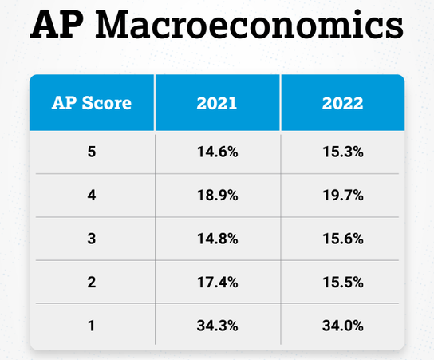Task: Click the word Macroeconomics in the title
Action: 249,25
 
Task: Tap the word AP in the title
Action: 57,25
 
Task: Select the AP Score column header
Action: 92,103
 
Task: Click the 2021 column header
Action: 217,103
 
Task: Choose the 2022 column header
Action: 343,103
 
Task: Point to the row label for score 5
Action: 92,152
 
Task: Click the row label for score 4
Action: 92,196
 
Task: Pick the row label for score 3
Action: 92,239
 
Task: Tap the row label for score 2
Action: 92,282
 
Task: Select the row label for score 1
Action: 92,326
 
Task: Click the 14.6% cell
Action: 218,152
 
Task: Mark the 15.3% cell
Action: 343,152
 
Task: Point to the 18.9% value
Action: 218,196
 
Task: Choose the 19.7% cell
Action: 343,196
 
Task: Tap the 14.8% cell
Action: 218,239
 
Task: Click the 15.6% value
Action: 343,239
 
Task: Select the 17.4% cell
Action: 218,282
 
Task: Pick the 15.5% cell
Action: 343,282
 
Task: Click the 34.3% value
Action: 218,326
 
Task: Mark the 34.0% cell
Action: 343,326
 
